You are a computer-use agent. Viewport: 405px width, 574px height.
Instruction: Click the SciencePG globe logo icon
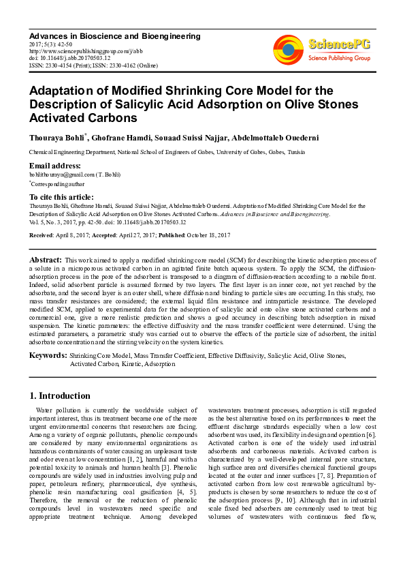(x=288, y=50)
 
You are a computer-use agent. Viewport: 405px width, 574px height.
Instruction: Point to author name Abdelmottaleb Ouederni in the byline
(x=281, y=137)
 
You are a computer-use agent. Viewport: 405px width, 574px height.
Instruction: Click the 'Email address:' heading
(x=54, y=166)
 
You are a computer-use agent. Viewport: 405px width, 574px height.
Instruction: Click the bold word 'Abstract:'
(x=46, y=260)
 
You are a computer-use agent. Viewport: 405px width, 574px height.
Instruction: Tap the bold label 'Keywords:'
(x=48, y=356)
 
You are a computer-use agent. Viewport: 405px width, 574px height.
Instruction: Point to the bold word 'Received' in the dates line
(x=42, y=235)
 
